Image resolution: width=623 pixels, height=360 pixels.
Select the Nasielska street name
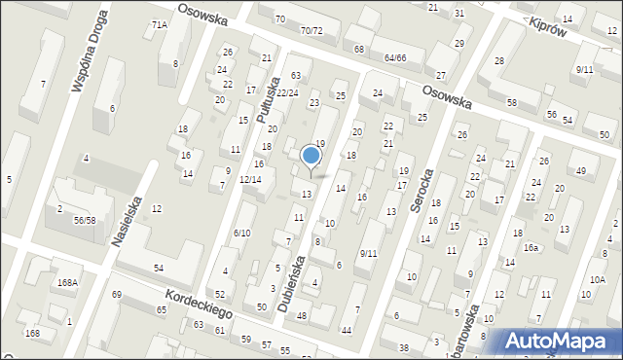[129, 221]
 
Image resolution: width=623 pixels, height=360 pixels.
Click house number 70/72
[311, 31]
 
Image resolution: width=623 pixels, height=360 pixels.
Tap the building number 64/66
[394, 58]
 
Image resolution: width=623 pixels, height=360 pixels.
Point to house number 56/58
[84, 221]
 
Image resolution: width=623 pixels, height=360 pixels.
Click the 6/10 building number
[242, 233]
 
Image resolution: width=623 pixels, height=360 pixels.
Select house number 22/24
[286, 92]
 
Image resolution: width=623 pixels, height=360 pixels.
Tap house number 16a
[531, 248]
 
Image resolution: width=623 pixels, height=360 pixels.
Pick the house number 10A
[597, 279]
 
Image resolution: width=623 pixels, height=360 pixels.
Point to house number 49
[581, 172]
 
